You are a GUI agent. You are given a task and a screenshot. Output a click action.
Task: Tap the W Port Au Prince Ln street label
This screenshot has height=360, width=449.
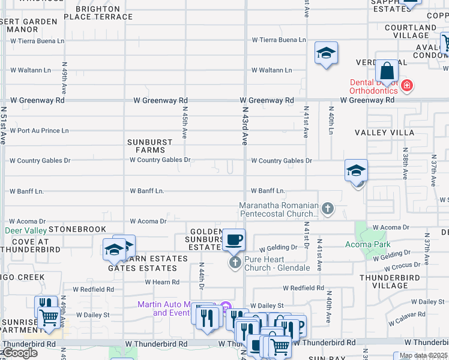pyautogui.click(x=40, y=130)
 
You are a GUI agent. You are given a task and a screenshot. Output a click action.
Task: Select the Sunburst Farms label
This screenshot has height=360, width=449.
pyautogui.click(x=150, y=146)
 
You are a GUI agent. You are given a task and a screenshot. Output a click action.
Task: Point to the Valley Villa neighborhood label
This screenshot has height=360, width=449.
pyautogui.click(x=384, y=132)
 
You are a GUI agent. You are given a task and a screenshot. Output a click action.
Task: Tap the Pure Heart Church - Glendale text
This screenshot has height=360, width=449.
pyautogui.click(x=277, y=263)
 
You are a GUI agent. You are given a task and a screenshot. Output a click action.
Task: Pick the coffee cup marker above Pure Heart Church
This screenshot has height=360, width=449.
pyautogui.click(x=234, y=240)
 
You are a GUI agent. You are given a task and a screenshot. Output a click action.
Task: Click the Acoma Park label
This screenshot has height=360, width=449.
pyautogui.click(x=368, y=244)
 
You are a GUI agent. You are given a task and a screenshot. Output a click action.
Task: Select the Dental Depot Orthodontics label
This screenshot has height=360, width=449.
pyautogui.click(x=375, y=86)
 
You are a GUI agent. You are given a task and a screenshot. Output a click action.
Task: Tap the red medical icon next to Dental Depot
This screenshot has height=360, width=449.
pyautogui.click(x=407, y=86)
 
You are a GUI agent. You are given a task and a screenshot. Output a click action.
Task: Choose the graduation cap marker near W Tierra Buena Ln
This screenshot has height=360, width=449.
pyautogui.click(x=326, y=53)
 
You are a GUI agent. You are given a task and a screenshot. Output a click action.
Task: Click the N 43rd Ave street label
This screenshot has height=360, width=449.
pyautogui.click(x=245, y=127)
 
